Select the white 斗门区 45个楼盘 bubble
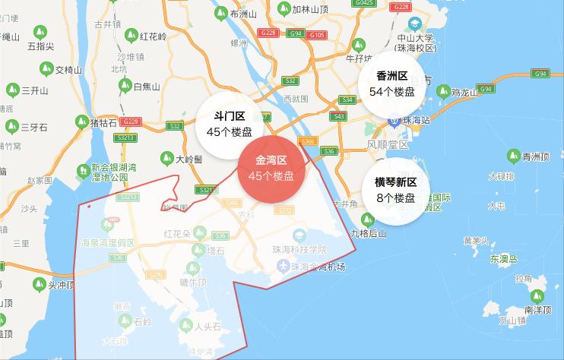pos(229,124)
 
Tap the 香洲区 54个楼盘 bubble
pos(391,84)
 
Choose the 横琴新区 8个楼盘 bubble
pos(395,190)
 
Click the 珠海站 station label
pos(415,120)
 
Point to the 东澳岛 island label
pos(503,258)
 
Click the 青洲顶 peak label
pos(535,157)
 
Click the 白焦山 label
pos(147,87)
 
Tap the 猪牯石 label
pos(103,122)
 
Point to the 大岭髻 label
pos(189,159)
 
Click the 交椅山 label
pos(68,70)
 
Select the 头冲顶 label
pos(62,285)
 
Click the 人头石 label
pos(208,327)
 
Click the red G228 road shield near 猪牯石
pos(130,122)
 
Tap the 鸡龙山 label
pos(464,93)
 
